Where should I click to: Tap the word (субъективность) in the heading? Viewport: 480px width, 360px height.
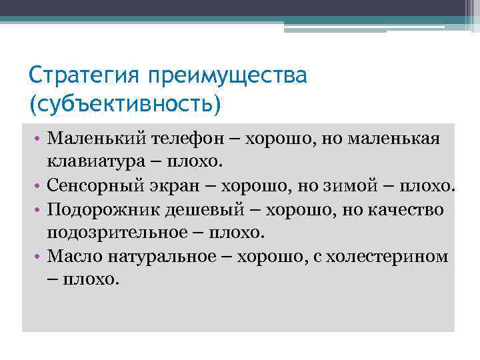124,103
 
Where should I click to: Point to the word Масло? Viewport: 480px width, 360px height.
72,256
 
